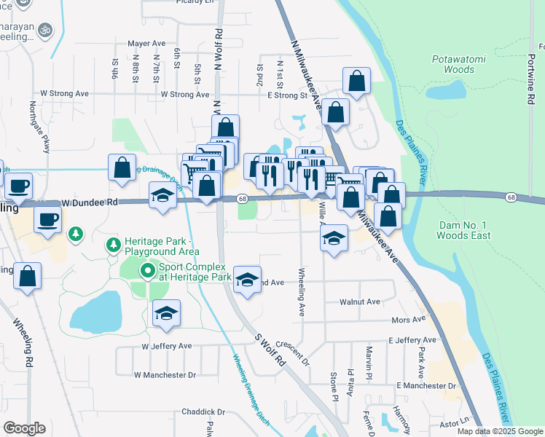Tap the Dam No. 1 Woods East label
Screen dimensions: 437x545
pyautogui.click(x=465, y=230)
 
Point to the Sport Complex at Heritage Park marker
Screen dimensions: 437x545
pyautogui.click(x=148, y=272)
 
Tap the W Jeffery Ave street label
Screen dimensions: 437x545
pyautogui.click(x=166, y=346)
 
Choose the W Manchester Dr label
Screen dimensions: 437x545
pyautogui.click(x=165, y=374)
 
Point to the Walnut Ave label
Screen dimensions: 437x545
pyautogui.click(x=360, y=302)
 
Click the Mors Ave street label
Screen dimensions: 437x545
pyautogui.click(x=408, y=319)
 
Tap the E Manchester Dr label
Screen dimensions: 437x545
pyautogui.click(x=426, y=385)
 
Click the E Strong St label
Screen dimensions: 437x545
pyautogui.click(x=287, y=95)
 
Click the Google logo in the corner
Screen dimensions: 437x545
pyautogui.click(x=25, y=428)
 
